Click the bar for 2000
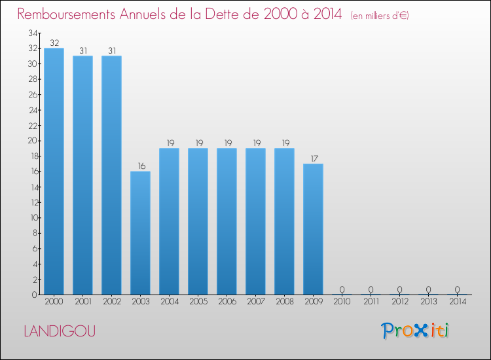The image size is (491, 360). pos(54,171)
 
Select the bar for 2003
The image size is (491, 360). pos(140,233)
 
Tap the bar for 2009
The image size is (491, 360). pos(313,229)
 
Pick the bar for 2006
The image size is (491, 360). pos(227,221)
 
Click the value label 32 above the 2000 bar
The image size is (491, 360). pos(54,43)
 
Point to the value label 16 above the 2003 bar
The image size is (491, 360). pos(140,166)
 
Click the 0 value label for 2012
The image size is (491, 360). pos(399,289)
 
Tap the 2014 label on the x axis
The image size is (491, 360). pos(457,302)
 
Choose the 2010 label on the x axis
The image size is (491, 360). pos(342,302)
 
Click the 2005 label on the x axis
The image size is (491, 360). pos(198,302)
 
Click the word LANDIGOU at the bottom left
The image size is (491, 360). pos(60,331)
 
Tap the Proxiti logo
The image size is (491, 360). pos(416,331)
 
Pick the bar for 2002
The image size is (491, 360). pos(111,175)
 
